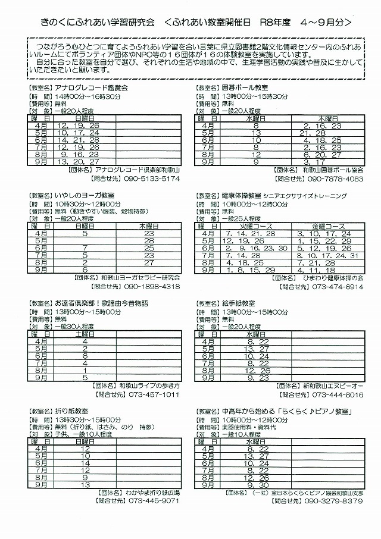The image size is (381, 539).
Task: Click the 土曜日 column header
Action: coord(85,335)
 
